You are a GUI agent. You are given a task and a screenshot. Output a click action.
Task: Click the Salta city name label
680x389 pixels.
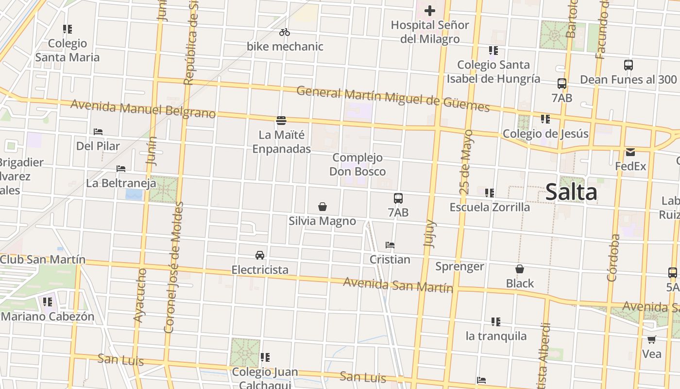(571, 192)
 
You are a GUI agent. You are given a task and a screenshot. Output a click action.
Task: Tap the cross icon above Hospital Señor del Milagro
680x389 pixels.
(429, 11)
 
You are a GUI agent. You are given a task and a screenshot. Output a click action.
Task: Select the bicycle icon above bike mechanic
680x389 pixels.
(285, 33)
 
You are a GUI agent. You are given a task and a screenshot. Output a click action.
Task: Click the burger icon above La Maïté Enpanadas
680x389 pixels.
(281, 120)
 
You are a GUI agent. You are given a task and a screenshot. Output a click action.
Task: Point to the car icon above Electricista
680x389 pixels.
(260, 255)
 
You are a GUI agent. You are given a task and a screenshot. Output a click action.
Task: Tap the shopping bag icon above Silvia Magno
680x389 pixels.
(322, 207)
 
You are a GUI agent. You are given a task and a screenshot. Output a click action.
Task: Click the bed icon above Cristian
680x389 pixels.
(390, 245)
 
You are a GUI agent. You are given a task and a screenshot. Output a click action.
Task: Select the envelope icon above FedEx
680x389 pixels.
(630, 152)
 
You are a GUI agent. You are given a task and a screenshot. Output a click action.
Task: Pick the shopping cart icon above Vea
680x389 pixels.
(651, 339)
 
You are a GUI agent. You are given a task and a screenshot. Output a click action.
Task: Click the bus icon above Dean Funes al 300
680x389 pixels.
(628, 65)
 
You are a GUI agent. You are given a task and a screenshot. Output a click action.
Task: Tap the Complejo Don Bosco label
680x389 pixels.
(357, 164)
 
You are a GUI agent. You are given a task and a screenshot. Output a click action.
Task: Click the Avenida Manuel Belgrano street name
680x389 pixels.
(143, 109)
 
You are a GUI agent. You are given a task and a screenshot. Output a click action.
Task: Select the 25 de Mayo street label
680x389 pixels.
(466, 162)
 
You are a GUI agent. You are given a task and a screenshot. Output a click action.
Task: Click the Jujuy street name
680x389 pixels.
(430, 234)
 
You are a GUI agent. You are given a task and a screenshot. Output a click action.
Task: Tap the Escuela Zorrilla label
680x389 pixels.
(490, 207)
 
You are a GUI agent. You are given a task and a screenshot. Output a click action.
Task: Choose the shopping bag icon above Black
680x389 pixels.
(520, 269)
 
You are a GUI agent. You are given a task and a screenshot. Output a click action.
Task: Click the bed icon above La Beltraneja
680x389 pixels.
(121, 169)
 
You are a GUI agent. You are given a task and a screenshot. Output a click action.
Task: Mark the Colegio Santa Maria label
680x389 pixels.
(68, 50)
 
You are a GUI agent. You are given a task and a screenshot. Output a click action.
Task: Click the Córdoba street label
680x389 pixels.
(613, 258)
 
